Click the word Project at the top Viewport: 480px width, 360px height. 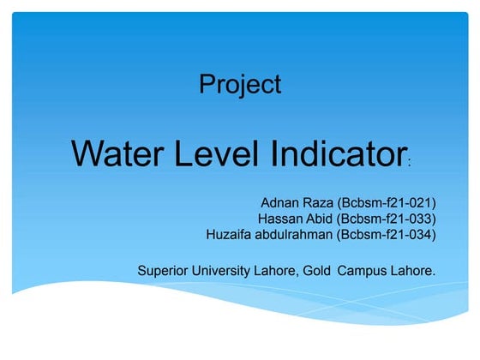[240, 84]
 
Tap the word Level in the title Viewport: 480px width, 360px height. [221, 153]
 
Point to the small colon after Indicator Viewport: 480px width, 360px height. [411, 161]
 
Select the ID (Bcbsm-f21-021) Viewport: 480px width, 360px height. [388, 202]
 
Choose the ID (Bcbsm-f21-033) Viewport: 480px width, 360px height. [388, 218]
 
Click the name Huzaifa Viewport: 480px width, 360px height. [232, 233]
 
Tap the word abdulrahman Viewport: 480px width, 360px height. [297, 233]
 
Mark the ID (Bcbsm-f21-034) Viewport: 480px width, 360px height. [388, 233]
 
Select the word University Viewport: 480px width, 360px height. [230, 271]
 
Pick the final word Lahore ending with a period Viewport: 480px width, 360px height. [413, 271]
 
